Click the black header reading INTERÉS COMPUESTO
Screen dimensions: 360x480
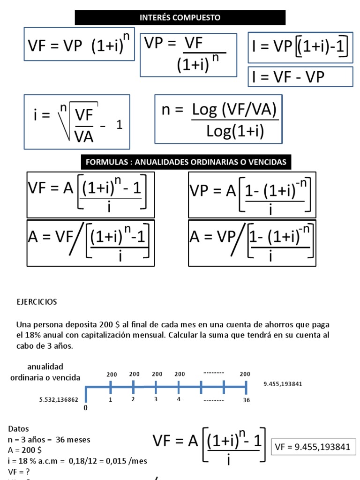click(180, 18)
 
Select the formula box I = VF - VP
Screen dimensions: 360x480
click(300, 77)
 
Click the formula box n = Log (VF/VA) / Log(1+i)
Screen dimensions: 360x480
click(218, 120)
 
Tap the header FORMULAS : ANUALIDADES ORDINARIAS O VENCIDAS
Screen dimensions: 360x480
click(186, 162)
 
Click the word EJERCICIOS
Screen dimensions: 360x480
click(37, 302)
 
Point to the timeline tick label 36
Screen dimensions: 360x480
click(247, 400)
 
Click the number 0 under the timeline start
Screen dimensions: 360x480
click(85, 408)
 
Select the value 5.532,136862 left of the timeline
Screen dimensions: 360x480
click(59, 400)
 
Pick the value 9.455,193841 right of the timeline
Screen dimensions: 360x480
click(283, 384)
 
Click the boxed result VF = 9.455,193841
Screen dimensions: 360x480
click(313, 447)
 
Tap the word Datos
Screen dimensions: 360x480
click(18, 429)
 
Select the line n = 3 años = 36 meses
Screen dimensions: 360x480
click(49, 440)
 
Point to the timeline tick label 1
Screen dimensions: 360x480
click(111, 400)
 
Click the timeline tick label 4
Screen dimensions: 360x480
click(179, 399)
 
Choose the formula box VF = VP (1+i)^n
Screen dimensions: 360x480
click(79, 45)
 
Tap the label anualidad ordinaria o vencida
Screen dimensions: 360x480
click(45, 372)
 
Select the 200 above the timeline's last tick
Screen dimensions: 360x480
click(245, 374)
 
